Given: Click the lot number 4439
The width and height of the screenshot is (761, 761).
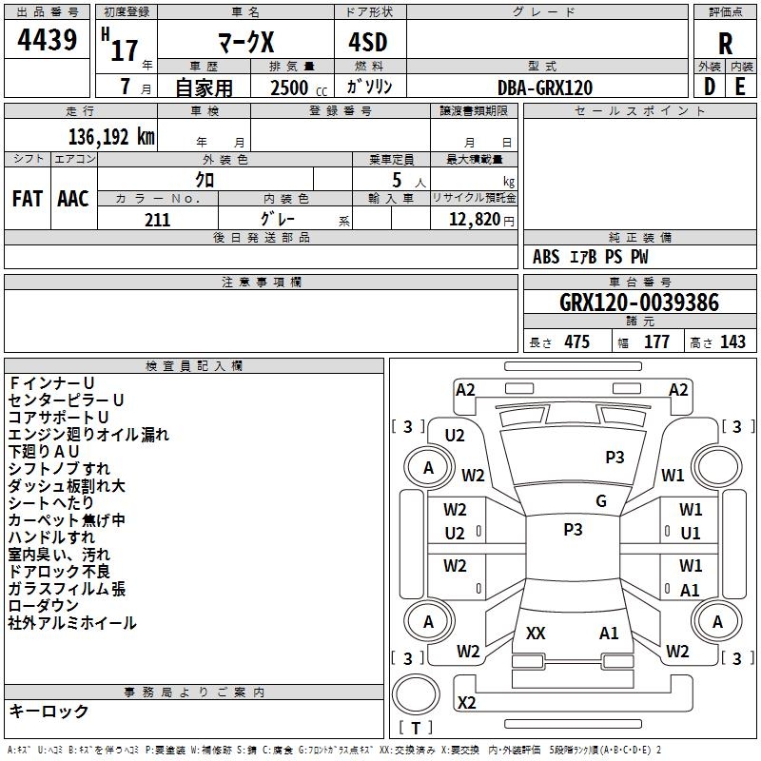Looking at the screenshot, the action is (x=47, y=40).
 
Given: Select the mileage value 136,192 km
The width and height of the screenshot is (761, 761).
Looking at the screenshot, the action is (x=111, y=137).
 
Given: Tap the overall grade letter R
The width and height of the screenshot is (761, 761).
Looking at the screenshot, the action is (x=725, y=44).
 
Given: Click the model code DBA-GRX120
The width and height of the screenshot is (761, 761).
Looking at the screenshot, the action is (x=545, y=88).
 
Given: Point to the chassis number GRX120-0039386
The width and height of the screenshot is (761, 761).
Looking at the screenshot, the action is (x=639, y=302).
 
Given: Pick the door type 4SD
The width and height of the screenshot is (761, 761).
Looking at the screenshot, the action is (x=368, y=42).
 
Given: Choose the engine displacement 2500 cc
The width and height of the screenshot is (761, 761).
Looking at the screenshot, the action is (x=299, y=88).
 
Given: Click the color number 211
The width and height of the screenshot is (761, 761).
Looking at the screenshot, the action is (x=157, y=220).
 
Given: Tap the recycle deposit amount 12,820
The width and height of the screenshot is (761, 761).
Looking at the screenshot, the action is (x=475, y=220).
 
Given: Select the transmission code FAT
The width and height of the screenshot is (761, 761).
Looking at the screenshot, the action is (x=28, y=199).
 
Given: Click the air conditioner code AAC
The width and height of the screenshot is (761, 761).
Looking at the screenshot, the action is (x=73, y=199).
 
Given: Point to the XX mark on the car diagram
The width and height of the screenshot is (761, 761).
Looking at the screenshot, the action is (x=536, y=633).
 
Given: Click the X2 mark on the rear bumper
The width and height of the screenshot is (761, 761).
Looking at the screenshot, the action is (x=466, y=702).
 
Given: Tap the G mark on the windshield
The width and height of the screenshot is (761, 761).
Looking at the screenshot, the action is (x=601, y=501).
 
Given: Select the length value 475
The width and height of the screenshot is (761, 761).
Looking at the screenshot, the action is (x=576, y=341).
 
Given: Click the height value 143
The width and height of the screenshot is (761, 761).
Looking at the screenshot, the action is (x=732, y=341).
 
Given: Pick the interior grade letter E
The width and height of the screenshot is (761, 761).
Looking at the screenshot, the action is (x=740, y=87).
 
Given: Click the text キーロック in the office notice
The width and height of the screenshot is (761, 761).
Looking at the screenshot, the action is (x=49, y=711).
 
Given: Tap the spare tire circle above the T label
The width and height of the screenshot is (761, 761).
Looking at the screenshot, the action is (x=416, y=694).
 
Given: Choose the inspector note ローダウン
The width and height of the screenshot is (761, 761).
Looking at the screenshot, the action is (x=43, y=605).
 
